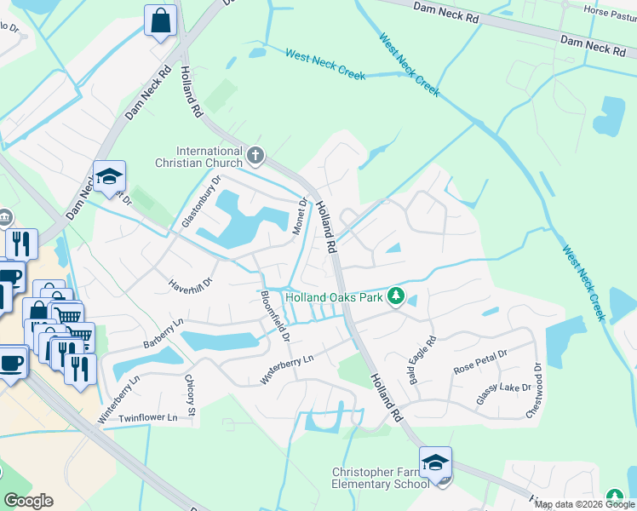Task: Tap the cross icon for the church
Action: pyautogui.click(x=256, y=156)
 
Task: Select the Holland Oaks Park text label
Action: pyautogui.click(x=333, y=297)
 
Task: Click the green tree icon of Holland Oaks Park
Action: pyautogui.click(x=395, y=296)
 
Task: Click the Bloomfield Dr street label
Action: pyautogui.click(x=274, y=315)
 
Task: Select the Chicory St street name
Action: pyautogui.click(x=192, y=392)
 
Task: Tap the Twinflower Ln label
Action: pyautogui.click(x=148, y=418)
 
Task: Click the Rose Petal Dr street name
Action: pyautogui.click(x=480, y=363)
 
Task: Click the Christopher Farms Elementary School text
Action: pyautogui.click(x=380, y=478)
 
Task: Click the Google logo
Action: pyautogui.click(x=28, y=501)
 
